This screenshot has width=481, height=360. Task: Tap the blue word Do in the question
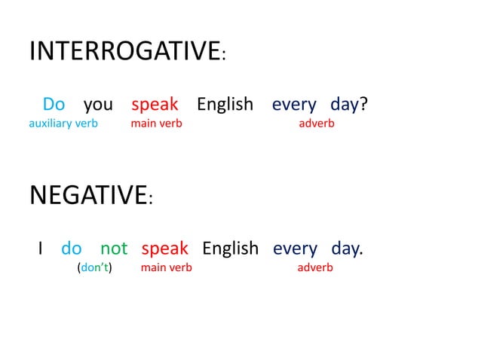(x=54, y=104)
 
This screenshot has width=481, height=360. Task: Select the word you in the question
(x=98, y=104)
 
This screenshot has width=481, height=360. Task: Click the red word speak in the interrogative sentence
(x=155, y=104)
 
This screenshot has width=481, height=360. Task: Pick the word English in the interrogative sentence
(x=225, y=104)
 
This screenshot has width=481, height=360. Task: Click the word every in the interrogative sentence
(x=294, y=104)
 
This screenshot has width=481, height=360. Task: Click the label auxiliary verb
(x=63, y=124)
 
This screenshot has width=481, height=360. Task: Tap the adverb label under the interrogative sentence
(x=317, y=124)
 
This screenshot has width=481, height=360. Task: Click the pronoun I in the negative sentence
(x=41, y=248)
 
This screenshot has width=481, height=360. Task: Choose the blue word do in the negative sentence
(x=72, y=248)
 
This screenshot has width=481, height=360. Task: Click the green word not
(x=114, y=248)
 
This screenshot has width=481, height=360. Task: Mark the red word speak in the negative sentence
(x=164, y=248)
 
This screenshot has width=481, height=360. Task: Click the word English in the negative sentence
(x=230, y=248)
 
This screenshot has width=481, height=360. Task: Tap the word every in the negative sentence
(x=295, y=248)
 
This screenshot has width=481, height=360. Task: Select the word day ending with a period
(x=346, y=248)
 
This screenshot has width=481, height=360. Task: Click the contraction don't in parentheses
(x=94, y=267)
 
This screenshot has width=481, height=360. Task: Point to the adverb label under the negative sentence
(x=315, y=267)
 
